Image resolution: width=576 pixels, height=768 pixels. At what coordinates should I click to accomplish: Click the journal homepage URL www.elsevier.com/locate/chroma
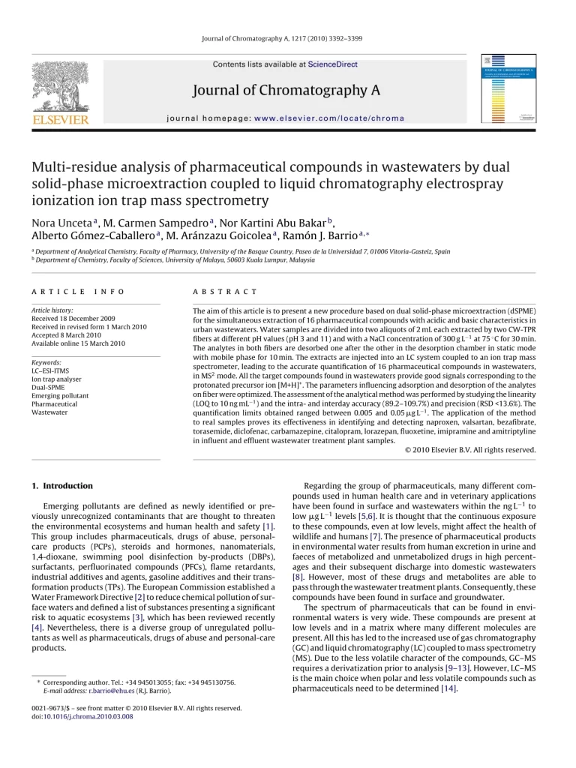[341, 118]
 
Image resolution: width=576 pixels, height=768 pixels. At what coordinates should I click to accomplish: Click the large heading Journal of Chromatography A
[286, 91]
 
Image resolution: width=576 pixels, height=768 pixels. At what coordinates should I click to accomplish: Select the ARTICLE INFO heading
[78, 291]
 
